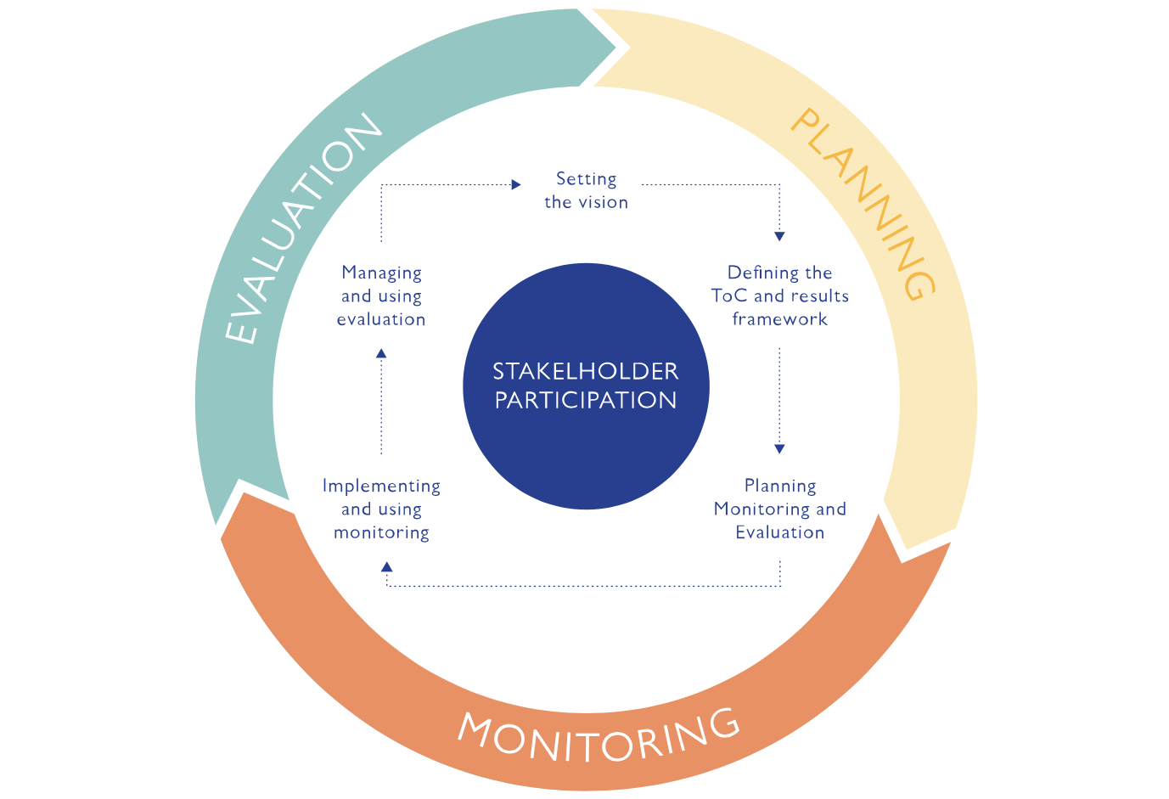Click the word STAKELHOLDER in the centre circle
point(586,372)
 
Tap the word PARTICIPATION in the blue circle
point(586,401)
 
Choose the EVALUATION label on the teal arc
point(302,229)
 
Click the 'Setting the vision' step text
point(586,190)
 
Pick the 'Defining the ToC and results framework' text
point(779,295)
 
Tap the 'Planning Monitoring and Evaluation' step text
point(779,509)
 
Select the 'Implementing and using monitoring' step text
point(381,509)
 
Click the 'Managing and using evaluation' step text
point(381,295)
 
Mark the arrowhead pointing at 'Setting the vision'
point(516,184)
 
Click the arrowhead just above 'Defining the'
point(779,237)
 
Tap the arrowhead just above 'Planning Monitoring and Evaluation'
point(779,449)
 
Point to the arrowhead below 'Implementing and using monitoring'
point(387,566)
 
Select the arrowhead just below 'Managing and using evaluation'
point(381,352)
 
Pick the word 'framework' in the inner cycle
point(779,319)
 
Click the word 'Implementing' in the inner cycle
point(381,486)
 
